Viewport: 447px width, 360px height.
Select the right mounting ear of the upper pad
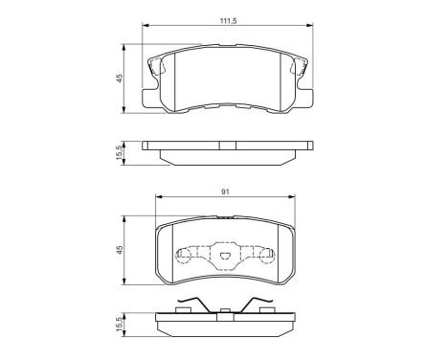tap(307, 97)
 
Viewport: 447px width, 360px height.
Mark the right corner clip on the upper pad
tap(297, 68)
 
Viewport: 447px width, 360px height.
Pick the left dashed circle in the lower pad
tap(181, 256)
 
